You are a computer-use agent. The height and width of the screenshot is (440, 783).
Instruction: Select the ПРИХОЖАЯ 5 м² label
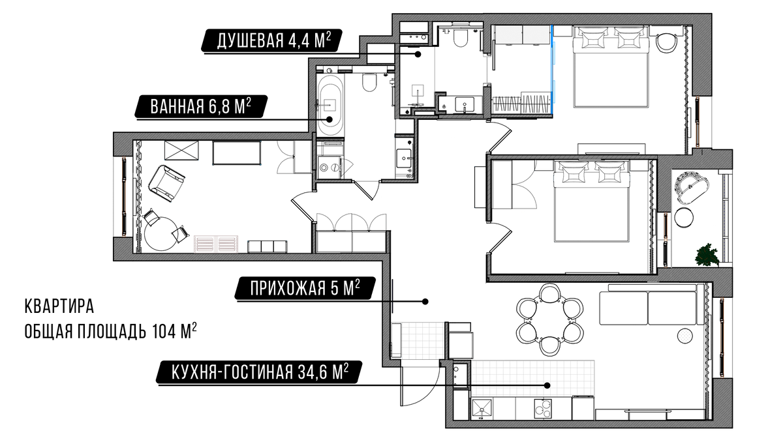[305, 288]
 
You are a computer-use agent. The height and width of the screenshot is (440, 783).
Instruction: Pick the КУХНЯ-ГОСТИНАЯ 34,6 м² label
[259, 372]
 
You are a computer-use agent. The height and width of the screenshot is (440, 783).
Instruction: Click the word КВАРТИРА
[59, 306]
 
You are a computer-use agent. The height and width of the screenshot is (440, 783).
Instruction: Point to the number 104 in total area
[164, 331]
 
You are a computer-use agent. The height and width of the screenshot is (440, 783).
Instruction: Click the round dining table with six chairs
[549, 319]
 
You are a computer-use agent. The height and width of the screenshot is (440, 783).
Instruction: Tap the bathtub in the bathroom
[330, 105]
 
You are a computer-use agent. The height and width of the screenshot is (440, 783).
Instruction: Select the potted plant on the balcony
[706, 256]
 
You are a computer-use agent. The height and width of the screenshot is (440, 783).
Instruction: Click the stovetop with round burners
[542, 408]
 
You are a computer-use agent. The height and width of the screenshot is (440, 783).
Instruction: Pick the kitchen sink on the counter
[482, 409]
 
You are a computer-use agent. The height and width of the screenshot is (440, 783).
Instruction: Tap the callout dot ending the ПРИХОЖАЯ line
[425, 301]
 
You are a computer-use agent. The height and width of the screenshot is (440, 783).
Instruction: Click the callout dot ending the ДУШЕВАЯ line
[418, 54]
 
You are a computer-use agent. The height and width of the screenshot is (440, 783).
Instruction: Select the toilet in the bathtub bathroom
[369, 82]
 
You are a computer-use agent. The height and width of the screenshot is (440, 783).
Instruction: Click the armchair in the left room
[166, 183]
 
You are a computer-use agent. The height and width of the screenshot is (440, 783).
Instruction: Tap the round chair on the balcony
[692, 188]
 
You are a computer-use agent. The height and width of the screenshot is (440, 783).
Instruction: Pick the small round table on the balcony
[684, 218]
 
